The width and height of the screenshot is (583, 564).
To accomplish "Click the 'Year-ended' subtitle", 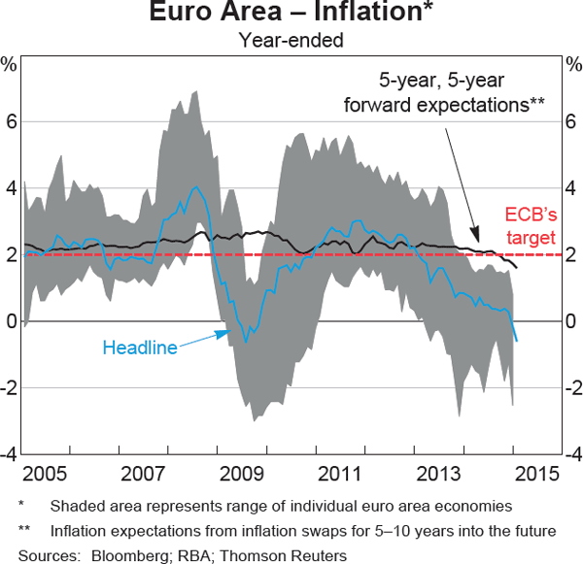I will (291, 40).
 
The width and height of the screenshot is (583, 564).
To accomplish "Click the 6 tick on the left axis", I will (12, 122).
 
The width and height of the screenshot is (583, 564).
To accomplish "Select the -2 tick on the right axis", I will (571, 387).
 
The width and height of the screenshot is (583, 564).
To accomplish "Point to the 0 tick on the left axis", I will (12, 321).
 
